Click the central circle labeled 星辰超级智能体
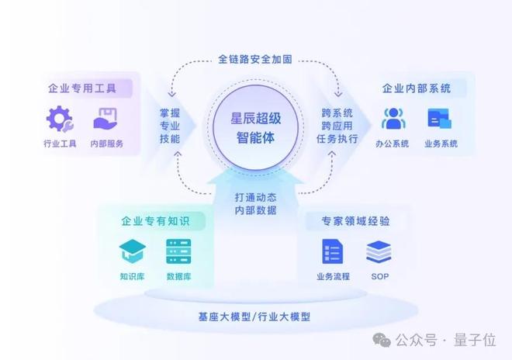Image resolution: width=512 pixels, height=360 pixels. [x=256, y=130]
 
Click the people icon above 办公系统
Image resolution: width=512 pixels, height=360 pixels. [x=394, y=119]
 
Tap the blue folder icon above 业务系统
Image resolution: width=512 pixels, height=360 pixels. [x=440, y=119]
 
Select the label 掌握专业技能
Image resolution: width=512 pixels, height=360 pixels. [x=169, y=126]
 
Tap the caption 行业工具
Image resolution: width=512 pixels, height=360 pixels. [x=60, y=144]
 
